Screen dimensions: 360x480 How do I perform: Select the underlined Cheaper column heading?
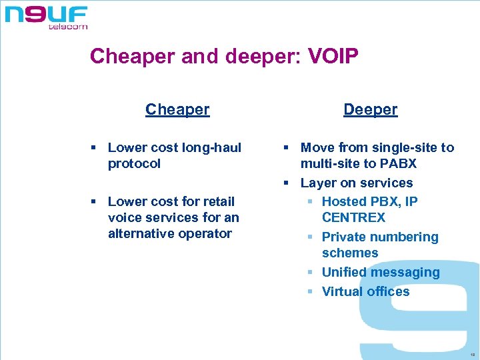(177, 109)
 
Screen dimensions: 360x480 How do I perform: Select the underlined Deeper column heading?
(371, 109)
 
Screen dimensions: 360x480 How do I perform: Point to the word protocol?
(134, 164)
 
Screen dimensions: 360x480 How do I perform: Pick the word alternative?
(142, 233)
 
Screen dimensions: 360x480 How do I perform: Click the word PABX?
(398, 164)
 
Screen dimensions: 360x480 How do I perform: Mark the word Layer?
(318, 183)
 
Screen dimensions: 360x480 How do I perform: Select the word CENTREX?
(353, 218)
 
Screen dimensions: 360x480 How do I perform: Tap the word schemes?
(350, 253)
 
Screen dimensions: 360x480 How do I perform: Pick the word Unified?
(344, 272)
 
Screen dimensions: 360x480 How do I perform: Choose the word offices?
(388, 291)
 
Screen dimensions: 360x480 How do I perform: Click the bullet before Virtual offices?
(311, 291)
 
